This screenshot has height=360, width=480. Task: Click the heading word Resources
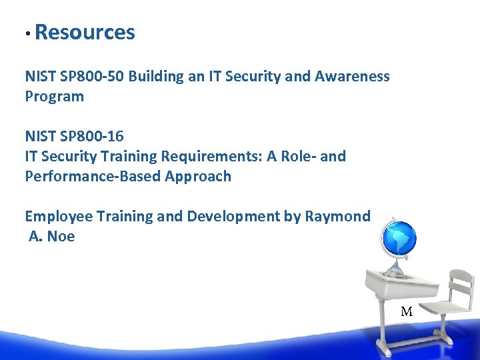[x=85, y=32]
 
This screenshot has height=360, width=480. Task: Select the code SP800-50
[x=92, y=76]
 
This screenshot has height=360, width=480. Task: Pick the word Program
[x=55, y=97]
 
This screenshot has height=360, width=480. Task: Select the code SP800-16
[x=92, y=136]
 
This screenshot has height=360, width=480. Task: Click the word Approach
[x=200, y=176]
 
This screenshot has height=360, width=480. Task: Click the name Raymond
[x=337, y=216]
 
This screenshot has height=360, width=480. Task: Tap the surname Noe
[x=61, y=236]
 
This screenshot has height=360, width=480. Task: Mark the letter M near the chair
[x=407, y=311]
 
